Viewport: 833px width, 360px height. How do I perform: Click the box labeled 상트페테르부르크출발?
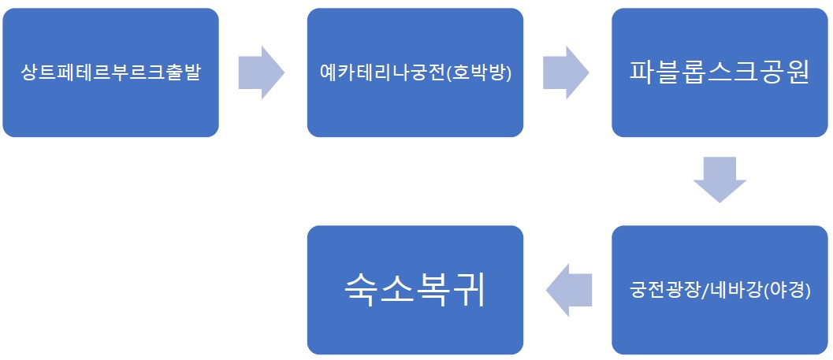coord(110,72)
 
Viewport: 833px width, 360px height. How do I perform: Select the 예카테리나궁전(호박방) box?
coord(415,72)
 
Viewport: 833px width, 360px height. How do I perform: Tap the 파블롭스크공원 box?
coord(720,72)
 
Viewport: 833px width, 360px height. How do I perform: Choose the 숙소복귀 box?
coord(415,290)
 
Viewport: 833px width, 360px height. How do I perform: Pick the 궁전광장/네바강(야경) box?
coord(720,290)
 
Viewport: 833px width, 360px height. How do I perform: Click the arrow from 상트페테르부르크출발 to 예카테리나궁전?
coord(261,72)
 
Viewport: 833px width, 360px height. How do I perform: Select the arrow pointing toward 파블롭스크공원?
coord(566,72)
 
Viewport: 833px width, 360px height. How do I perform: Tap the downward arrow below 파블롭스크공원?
coord(720,180)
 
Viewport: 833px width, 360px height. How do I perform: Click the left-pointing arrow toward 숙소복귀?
coord(568,290)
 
